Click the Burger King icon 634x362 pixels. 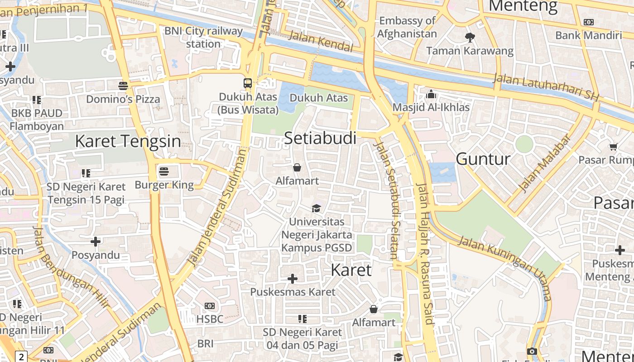(x=164, y=171)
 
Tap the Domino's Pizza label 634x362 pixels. (x=123, y=99)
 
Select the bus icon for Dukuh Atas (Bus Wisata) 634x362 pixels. (x=248, y=83)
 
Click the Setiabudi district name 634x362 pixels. (x=320, y=138)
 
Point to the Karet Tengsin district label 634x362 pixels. (x=128, y=141)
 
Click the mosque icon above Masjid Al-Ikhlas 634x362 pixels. (x=431, y=94)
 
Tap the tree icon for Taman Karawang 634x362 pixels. (x=470, y=38)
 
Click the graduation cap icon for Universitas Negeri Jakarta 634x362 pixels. (x=316, y=208)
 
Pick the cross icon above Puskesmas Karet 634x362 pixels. (x=293, y=278)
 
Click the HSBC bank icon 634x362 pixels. (x=209, y=306)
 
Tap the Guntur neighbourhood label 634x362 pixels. (x=483, y=159)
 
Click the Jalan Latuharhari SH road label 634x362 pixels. (x=546, y=87)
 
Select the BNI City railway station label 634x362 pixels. (x=203, y=38)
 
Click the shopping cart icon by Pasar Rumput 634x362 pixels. (x=613, y=146)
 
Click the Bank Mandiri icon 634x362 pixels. (x=588, y=22)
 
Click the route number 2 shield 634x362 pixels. (x=21, y=357)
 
